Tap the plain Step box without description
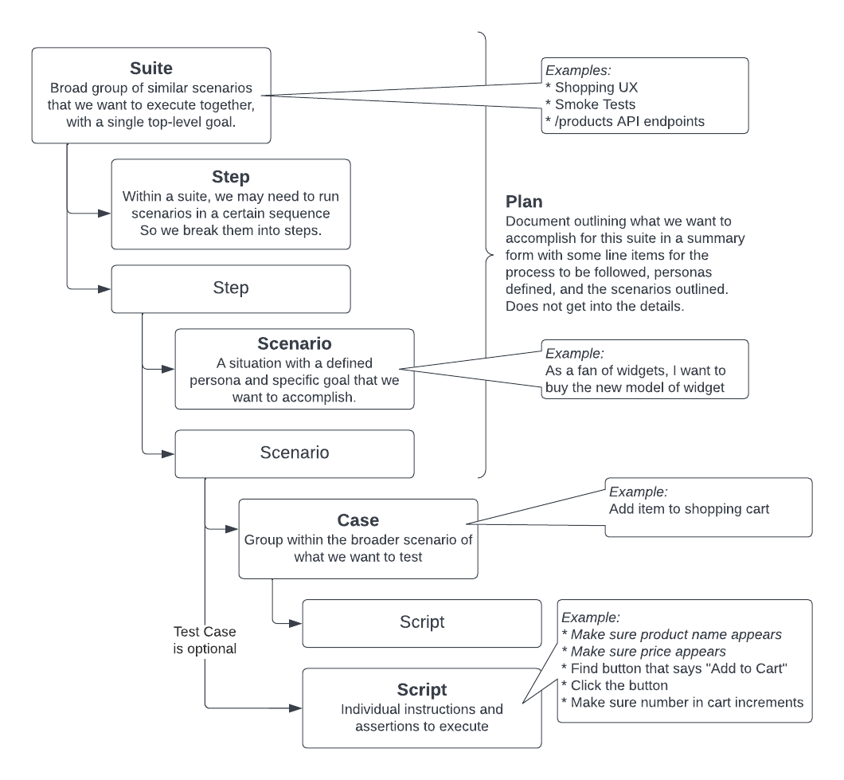pos(230,288)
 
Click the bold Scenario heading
pos(294,344)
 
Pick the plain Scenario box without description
pos(294,453)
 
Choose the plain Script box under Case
pos(421,622)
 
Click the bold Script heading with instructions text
pos(421,688)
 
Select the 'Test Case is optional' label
pos(205,640)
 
